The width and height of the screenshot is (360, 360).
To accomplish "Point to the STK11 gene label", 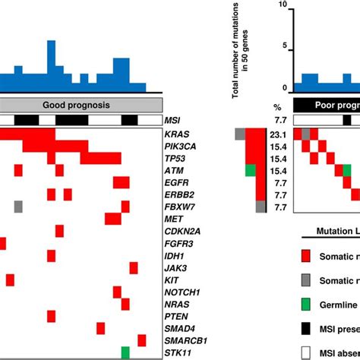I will (x=178, y=353).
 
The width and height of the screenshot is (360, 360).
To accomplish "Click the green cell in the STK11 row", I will (x=125, y=352).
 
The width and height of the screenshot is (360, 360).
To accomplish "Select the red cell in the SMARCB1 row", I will (x=142, y=340).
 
